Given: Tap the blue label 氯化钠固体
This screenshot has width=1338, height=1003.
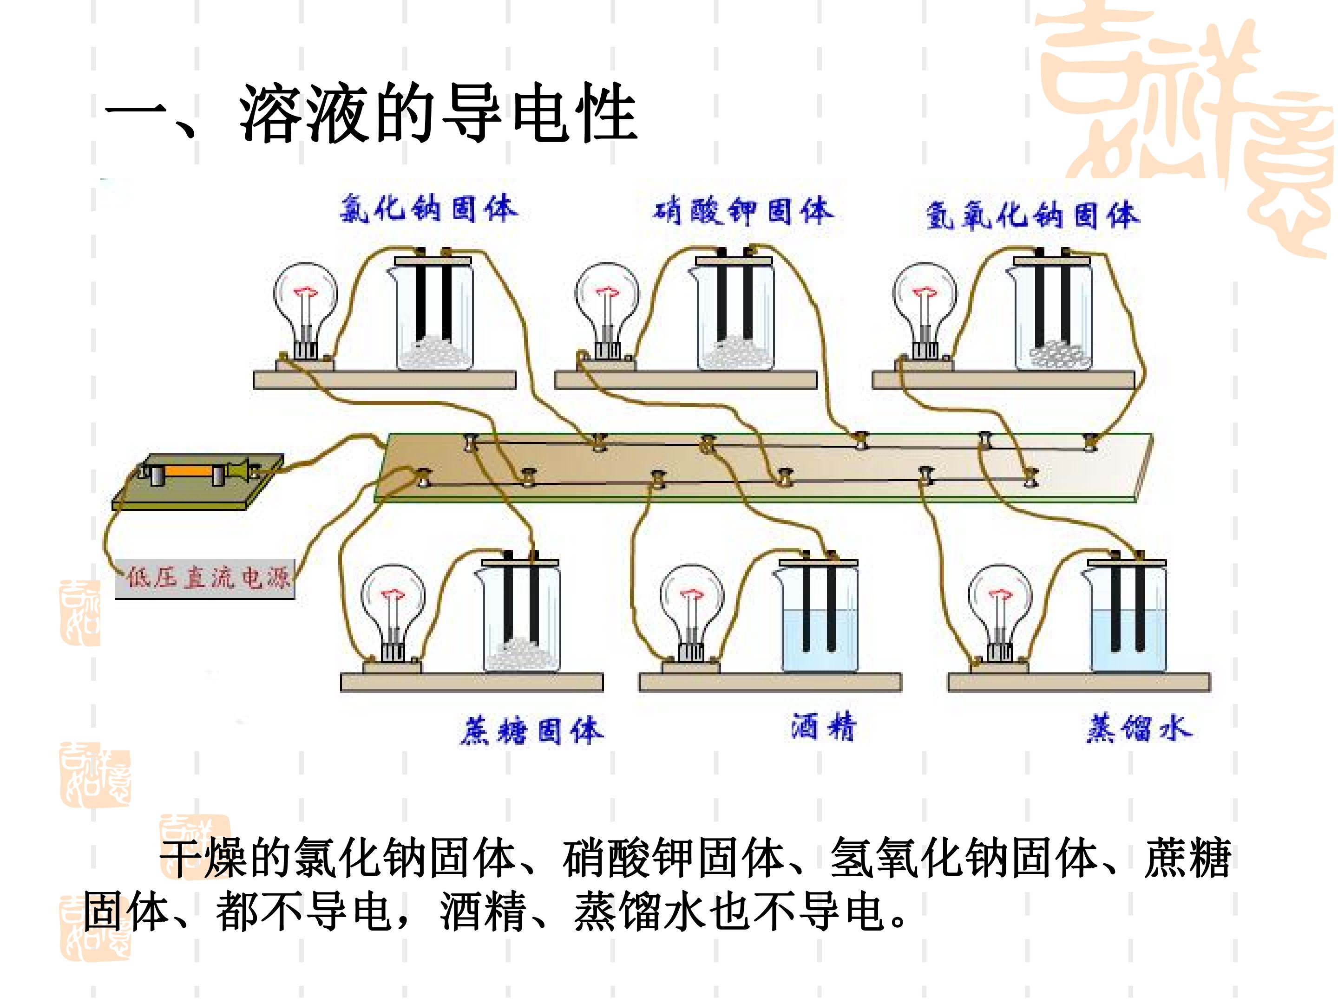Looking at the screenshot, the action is (x=428, y=209).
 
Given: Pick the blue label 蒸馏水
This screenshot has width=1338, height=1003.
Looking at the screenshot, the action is (x=1140, y=729).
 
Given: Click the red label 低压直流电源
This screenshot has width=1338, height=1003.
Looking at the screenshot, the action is (x=208, y=578).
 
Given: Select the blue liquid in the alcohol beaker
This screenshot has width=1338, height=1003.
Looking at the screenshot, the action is (x=820, y=641).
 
